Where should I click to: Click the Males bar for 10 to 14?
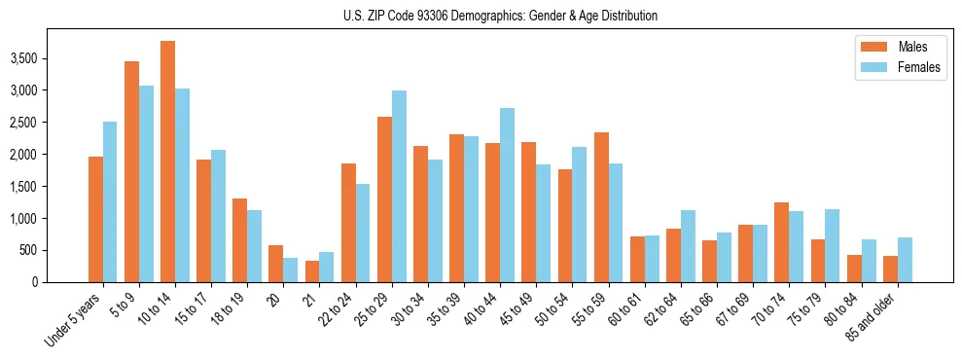(x=167, y=162)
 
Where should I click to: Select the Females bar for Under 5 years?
(x=110, y=201)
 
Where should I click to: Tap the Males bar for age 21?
(x=312, y=271)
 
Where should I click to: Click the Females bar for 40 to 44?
(x=507, y=195)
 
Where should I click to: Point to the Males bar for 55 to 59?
(x=601, y=207)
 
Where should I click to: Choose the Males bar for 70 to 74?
(x=781, y=242)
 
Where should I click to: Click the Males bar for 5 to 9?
(x=131, y=171)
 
